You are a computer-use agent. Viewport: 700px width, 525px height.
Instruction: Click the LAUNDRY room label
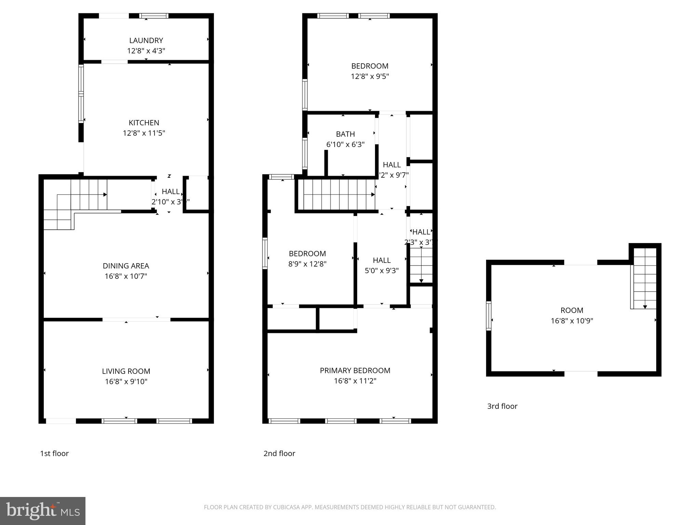pos(146,40)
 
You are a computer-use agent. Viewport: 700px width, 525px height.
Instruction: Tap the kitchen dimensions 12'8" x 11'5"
pos(144,133)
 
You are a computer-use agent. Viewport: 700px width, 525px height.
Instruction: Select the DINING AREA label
pos(126,266)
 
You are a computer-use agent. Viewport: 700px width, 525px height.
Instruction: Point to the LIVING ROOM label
pos(126,371)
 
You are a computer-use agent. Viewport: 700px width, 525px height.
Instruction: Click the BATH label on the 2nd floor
pos(345,134)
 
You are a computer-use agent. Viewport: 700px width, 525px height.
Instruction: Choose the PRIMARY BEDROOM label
pos(355,370)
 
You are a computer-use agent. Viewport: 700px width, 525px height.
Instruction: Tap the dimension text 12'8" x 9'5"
pos(370,76)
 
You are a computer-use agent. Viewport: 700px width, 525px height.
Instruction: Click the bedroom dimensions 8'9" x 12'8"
pos(307,264)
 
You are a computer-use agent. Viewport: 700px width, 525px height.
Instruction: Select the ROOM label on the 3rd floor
pos(571,310)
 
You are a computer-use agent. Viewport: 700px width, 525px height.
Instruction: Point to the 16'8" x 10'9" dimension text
pos(571,321)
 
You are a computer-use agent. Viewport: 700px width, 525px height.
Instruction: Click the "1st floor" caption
pos(54,453)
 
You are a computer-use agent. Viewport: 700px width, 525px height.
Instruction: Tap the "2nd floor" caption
pos(279,453)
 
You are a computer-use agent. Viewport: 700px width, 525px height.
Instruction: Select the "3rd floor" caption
pos(502,406)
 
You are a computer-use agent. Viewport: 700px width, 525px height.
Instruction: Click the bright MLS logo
pos(42,511)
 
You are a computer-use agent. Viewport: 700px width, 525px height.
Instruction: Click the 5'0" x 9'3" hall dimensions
pos(381,271)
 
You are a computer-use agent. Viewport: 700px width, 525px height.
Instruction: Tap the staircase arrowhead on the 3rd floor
pos(645,307)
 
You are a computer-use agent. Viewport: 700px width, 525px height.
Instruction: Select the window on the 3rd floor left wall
pos(488,316)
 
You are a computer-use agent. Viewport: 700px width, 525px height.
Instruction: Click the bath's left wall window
pos(304,153)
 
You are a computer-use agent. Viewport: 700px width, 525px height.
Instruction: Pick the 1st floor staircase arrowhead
pos(105,194)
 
